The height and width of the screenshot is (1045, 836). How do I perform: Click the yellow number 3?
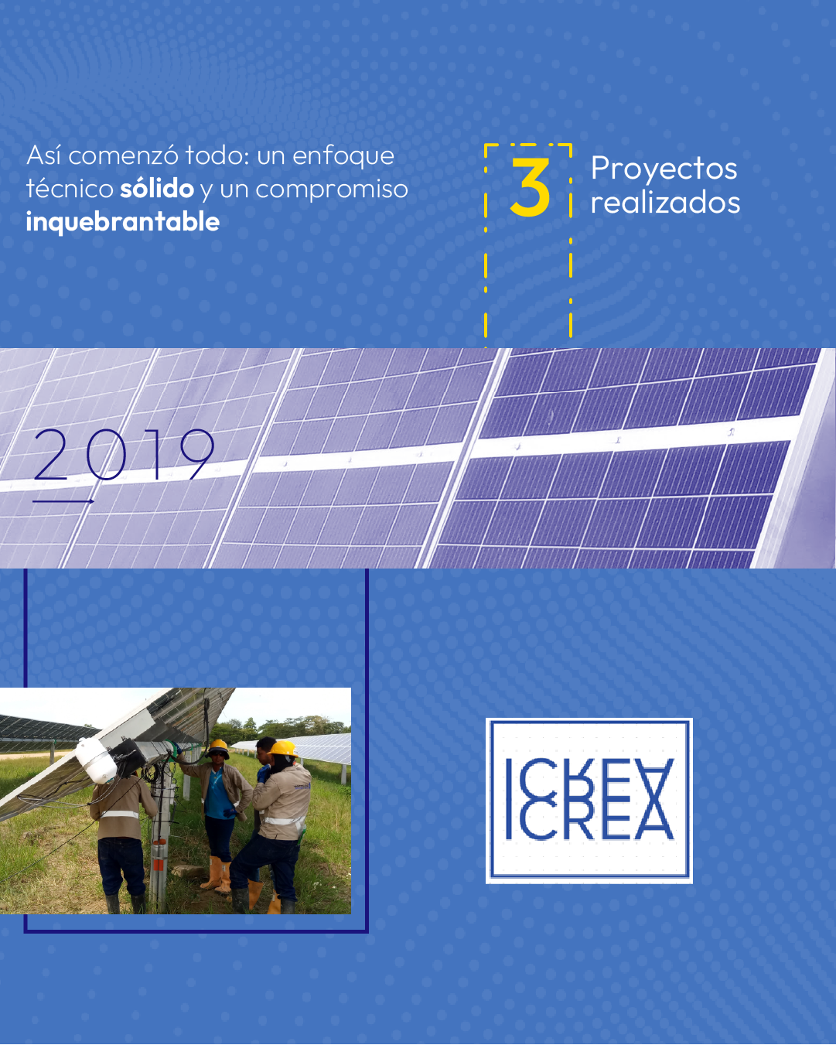530,186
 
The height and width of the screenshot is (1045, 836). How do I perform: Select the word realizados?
665,203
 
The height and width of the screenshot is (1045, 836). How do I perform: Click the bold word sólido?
157,189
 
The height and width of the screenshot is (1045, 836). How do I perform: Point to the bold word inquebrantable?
123,223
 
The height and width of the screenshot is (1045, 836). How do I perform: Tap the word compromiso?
332,190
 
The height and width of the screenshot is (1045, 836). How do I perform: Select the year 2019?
124,454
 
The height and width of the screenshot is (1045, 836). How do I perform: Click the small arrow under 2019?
63,501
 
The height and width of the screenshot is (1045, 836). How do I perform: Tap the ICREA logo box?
589,801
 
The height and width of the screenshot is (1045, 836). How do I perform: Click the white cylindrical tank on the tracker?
96,760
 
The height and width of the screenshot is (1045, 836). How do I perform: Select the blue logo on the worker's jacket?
302,786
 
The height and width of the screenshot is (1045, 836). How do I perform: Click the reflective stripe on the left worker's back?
119,814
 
